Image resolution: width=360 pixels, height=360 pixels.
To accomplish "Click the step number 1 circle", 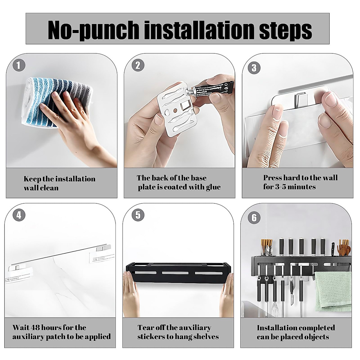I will click(x=19, y=65).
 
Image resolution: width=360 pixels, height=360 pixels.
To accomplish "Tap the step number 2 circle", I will click(x=138, y=65).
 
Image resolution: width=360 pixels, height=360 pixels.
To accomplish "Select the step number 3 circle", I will click(x=254, y=68).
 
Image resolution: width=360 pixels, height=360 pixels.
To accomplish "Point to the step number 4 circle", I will click(x=19, y=215).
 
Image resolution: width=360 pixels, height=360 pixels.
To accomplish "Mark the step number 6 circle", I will click(x=254, y=217).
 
